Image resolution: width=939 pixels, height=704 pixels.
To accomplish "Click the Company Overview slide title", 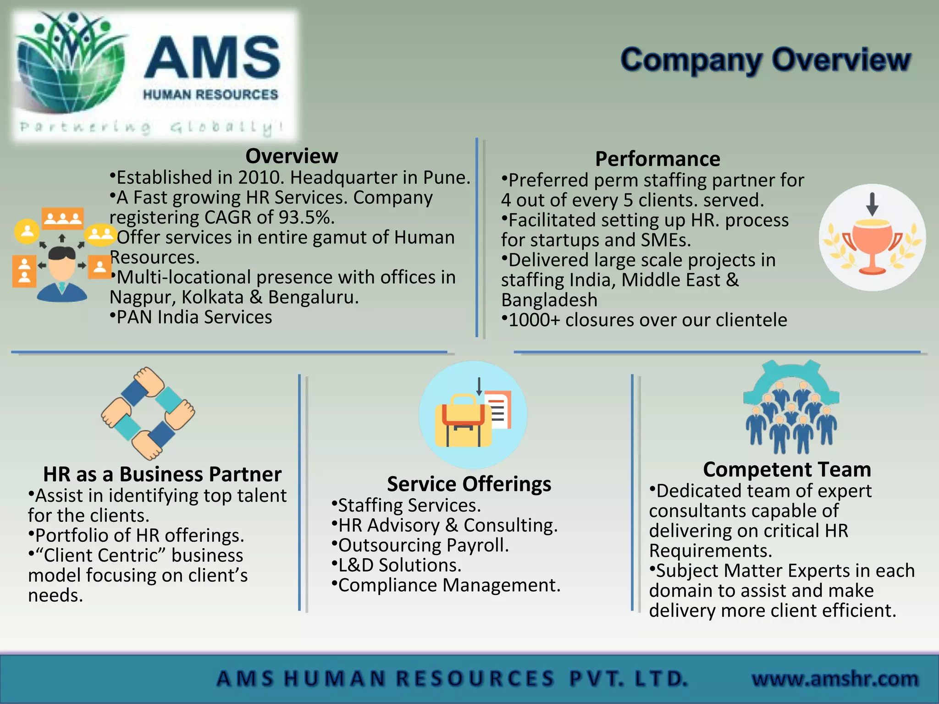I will point(765,60).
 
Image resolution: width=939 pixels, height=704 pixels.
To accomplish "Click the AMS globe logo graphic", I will point(71,64).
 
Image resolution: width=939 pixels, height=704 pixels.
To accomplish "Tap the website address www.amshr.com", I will point(835,678).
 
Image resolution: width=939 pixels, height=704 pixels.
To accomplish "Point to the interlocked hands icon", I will point(148,413).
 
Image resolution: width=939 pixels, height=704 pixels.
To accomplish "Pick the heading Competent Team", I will point(787,469).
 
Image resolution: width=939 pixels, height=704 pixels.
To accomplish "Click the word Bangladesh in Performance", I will point(549,300).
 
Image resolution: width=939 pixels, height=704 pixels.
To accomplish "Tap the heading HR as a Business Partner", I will point(162,474).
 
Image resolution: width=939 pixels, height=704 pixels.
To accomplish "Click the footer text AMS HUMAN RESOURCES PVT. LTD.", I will point(452,678).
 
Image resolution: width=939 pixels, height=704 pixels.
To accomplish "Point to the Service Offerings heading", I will point(469,484).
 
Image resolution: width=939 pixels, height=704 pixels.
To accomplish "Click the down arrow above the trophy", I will point(872,204).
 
